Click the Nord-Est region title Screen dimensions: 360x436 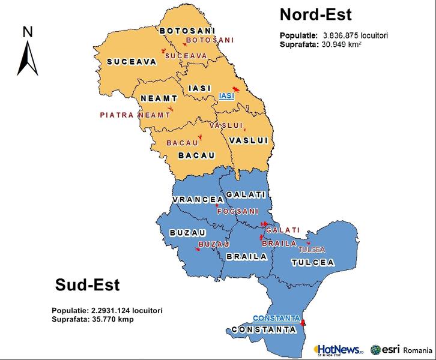(x=315, y=14)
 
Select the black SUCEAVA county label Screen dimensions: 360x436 (x=132, y=61)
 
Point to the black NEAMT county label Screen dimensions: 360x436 (x=159, y=98)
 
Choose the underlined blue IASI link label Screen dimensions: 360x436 (x=226, y=96)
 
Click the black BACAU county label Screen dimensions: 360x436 (x=196, y=155)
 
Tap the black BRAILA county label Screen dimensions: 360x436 (x=246, y=256)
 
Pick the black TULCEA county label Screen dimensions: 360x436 (x=312, y=263)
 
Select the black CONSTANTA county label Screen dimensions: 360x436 (x=264, y=329)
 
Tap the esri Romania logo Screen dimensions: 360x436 (x=401, y=349)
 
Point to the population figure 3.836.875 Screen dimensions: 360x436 (x=342, y=35)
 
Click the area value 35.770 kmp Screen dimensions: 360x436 (x=112, y=319)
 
